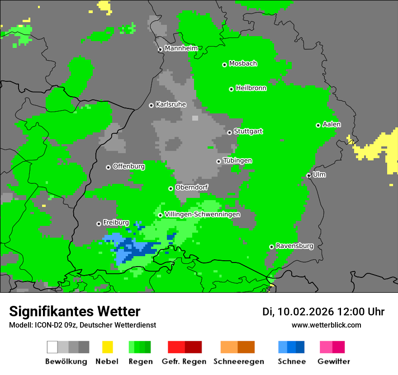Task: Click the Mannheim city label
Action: pyautogui.click(x=181, y=48)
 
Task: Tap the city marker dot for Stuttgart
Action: pyautogui.click(x=229, y=132)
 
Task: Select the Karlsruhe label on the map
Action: pyautogui.click(x=171, y=104)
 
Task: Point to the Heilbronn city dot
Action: pyautogui.click(x=231, y=89)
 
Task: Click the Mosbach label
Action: pyautogui.click(x=243, y=64)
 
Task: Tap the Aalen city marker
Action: pyautogui.click(x=318, y=125)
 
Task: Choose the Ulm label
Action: pyautogui.click(x=319, y=174)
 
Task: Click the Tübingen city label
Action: pyautogui.click(x=237, y=161)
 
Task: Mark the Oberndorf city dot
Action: pyautogui.click(x=171, y=188)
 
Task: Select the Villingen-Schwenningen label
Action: pyautogui.click(x=202, y=215)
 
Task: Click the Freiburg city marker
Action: pyautogui.click(x=99, y=224)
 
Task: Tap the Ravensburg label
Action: pyautogui.click(x=294, y=246)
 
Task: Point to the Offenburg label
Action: pyautogui.click(x=128, y=166)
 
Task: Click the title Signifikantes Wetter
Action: pyautogui.click(x=75, y=311)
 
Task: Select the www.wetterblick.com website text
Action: pyautogui.click(x=326, y=325)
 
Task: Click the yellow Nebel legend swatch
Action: pyautogui.click(x=107, y=347)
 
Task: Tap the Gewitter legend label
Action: pyautogui.click(x=333, y=361)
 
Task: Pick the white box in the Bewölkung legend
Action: pyautogui.click(x=52, y=347)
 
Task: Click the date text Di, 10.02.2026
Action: pyautogui.click(x=298, y=312)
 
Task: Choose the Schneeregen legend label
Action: pyautogui.click(x=239, y=361)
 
